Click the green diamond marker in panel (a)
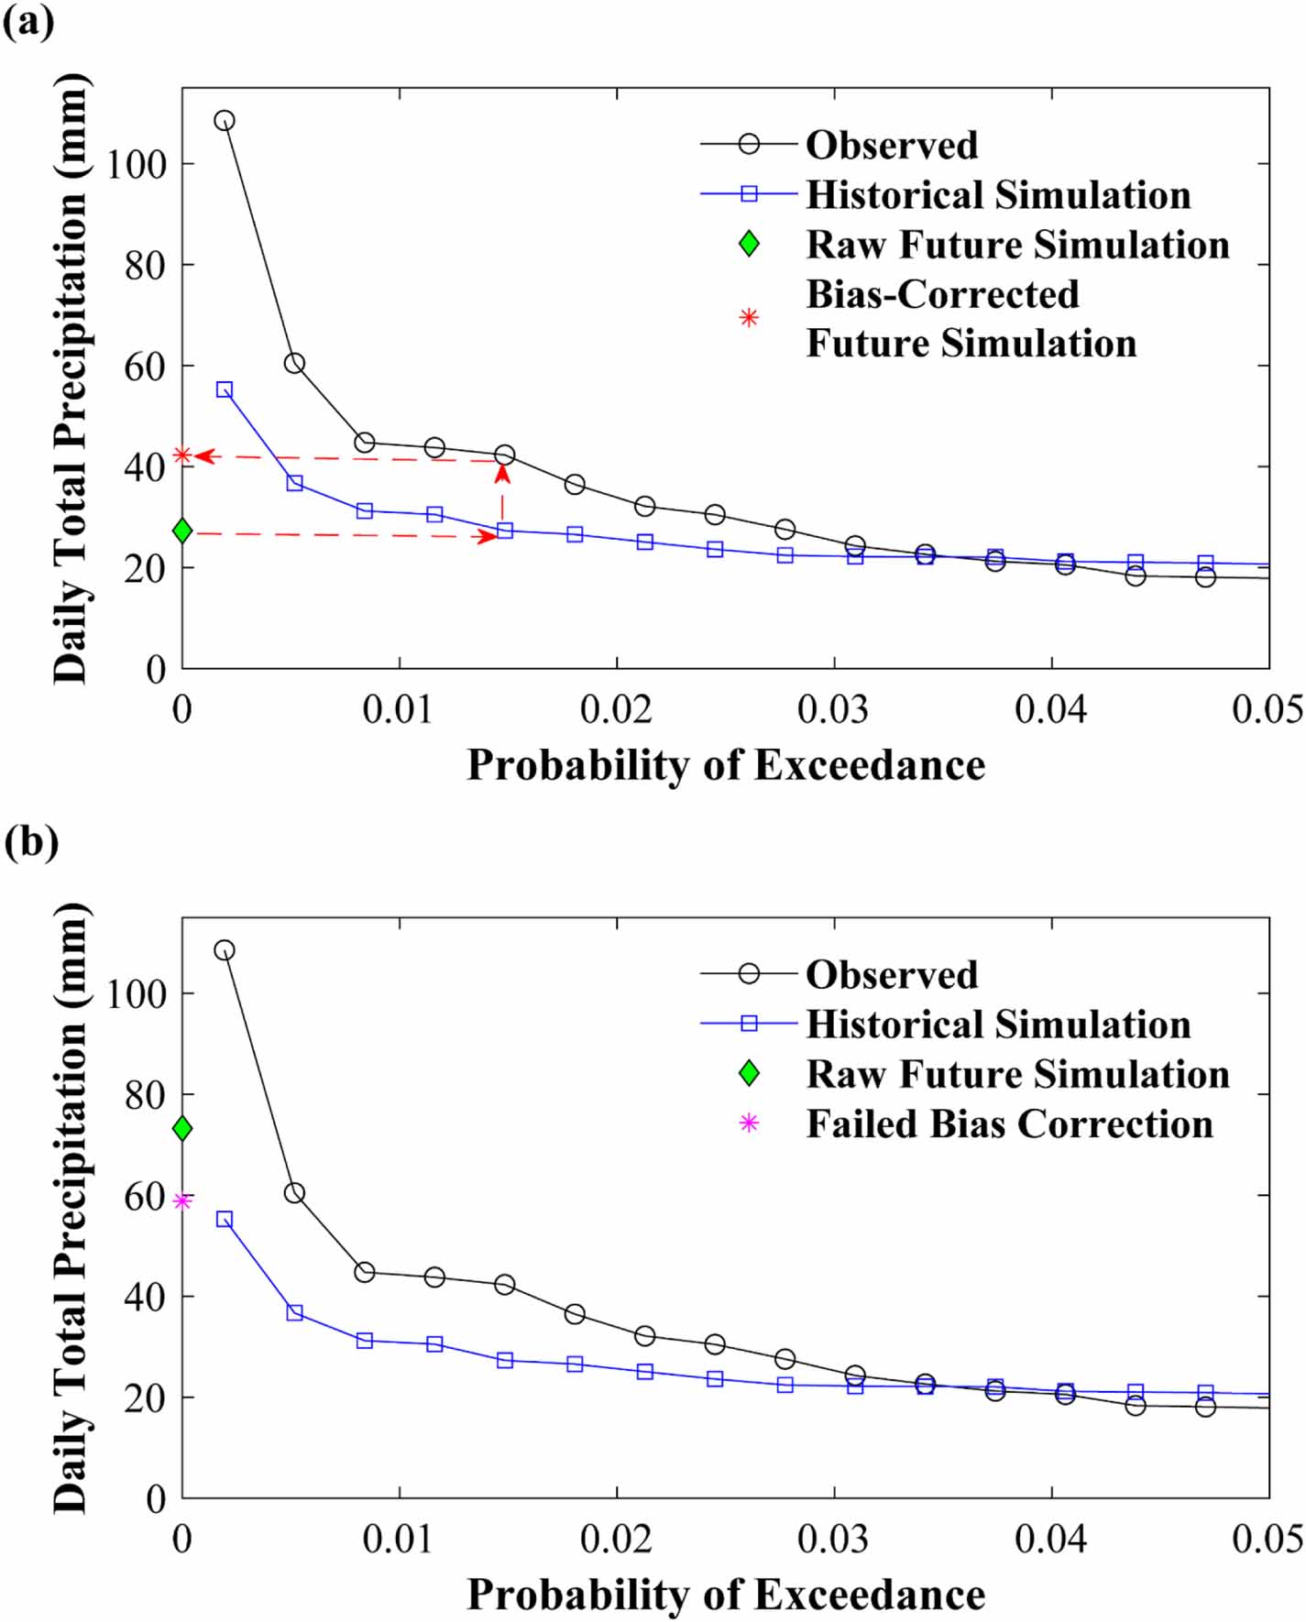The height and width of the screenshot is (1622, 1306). (182, 530)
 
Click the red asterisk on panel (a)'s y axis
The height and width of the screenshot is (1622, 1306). (182, 455)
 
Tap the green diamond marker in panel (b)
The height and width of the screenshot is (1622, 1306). (182, 1128)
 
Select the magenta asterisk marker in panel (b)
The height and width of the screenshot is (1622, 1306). (182, 1200)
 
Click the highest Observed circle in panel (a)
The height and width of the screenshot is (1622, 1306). (225, 121)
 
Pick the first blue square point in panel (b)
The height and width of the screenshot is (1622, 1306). (225, 1219)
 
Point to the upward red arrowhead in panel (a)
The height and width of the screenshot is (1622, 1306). (502, 473)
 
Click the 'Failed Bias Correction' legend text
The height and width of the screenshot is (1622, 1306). (1009, 1123)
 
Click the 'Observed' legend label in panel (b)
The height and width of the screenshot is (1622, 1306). (892, 974)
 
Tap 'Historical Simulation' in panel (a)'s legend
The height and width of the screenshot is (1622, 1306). (998, 194)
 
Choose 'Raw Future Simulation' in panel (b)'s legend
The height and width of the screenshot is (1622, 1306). (1017, 1074)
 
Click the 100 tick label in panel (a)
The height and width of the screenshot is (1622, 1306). (137, 165)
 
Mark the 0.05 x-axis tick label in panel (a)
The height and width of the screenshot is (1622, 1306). (1268, 709)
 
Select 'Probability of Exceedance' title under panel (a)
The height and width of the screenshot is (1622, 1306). (726, 764)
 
